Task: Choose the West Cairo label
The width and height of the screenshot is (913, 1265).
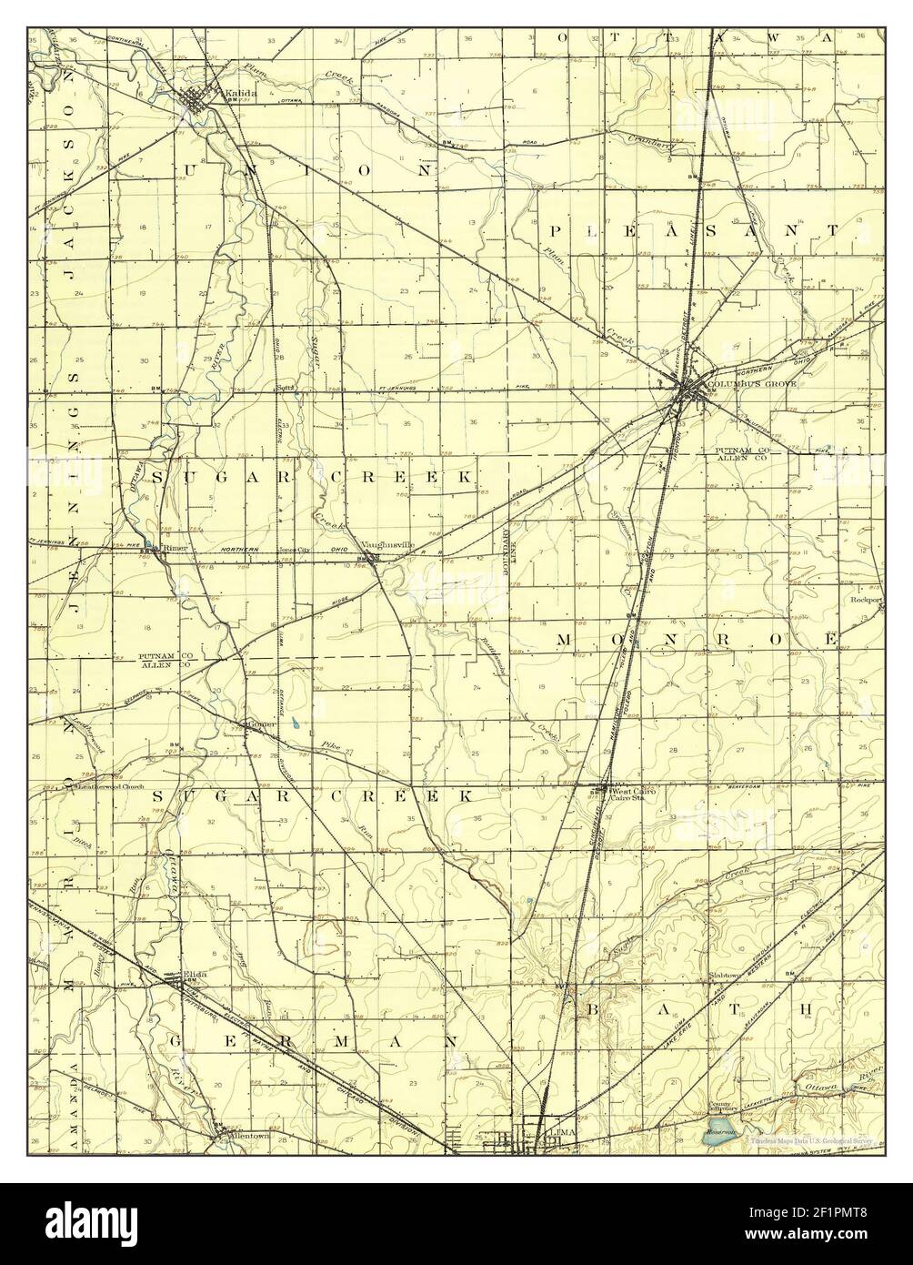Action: pyautogui.click(x=634, y=792)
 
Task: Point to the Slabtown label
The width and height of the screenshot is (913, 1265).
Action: pyautogui.click(x=725, y=975)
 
